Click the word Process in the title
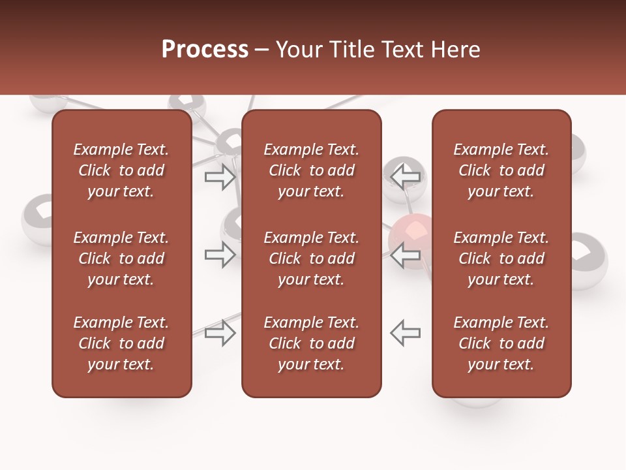pyautogui.click(x=205, y=50)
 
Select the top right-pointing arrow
pyautogui.click(x=220, y=177)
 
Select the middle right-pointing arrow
pyautogui.click(x=220, y=255)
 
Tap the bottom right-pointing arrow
pyautogui.click(x=220, y=333)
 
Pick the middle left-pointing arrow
pyautogui.click(x=406, y=255)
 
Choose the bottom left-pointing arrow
pyautogui.click(x=406, y=333)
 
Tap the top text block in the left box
pyautogui.click(x=121, y=170)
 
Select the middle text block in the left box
pyautogui.click(x=121, y=258)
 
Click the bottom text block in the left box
pyautogui.click(x=121, y=343)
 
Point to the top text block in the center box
pyautogui.click(x=312, y=170)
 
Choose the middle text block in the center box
pyautogui.click(x=312, y=258)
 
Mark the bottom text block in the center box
pyautogui.click(x=312, y=343)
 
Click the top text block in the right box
pyautogui.click(x=501, y=170)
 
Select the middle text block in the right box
pyautogui.click(x=501, y=258)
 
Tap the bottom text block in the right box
pyautogui.click(x=501, y=343)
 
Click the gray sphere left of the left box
pyautogui.click(x=38, y=219)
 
